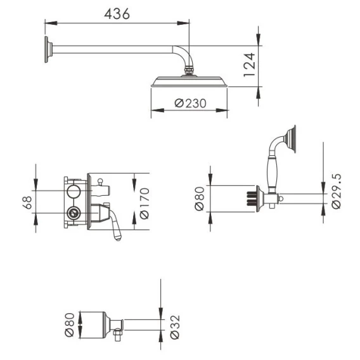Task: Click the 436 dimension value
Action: click(x=117, y=14)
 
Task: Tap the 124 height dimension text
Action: click(x=249, y=65)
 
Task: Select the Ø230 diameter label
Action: click(x=191, y=103)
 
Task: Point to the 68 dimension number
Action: click(x=27, y=202)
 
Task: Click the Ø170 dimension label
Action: click(x=145, y=203)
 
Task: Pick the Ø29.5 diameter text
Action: click(x=337, y=191)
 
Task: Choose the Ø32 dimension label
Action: click(x=175, y=327)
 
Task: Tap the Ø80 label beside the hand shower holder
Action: click(x=199, y=198)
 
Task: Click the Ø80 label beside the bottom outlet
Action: click(x=70, y=325)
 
